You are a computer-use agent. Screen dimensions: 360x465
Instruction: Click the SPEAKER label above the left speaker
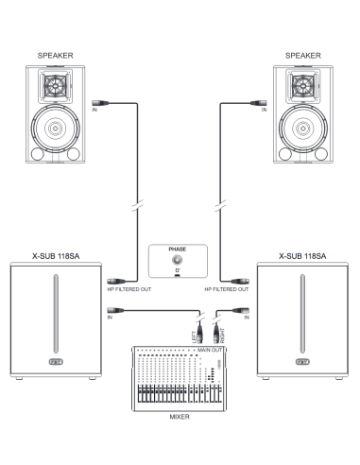pyautogui.click(x=55, y=56)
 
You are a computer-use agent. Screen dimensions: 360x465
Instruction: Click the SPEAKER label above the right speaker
pyautogui.click(x=303, y=56)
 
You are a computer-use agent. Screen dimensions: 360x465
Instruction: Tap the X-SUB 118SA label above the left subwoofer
pyautogui.click(x=56, y=256)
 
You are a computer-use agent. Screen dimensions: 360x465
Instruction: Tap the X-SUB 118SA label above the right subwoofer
pyautogui.click(x=302, y=256)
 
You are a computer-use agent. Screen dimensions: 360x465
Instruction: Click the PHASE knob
pyautogui.click(x=178, y=260)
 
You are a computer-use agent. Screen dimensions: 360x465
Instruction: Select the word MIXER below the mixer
pyautogui.click(x=180, y=417)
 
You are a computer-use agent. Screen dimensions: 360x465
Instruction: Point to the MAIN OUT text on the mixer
pyautogui.click(x=210, y=350)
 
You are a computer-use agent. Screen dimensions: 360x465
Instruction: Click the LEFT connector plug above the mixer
pyautogui.click(x=199, y=335)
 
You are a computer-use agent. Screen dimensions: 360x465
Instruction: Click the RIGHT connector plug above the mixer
pyautogui.click(x=216, y=335)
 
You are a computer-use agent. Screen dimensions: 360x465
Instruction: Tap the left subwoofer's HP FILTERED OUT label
pyautogui.click(x=129, y=289)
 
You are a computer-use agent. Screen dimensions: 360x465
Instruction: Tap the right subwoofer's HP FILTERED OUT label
pyautogui.click(x=227, y=289)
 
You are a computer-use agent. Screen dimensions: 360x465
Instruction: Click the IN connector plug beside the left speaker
pyautogui.click(x=100, y=103)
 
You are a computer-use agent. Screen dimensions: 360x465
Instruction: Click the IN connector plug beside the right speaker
pyautogui.click(x=259, y=103)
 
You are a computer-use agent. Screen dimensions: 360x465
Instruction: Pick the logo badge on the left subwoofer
pyautogui.click(x=56, y=362)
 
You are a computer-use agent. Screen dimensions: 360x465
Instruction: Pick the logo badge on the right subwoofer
pyautogui.click(x=302, y=362)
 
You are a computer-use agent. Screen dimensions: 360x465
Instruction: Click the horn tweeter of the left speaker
pyautogui.click(x=56, y=86)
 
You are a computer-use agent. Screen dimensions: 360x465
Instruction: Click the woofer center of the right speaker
pyautogui.click(x=303, y=129)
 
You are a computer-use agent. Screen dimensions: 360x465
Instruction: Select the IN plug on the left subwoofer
pyautogui.click(x=115, y=310)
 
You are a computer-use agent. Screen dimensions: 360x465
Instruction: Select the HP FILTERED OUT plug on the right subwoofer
pyautogui.click(x=240, y=281)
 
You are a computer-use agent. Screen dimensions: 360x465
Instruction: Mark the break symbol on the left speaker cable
pyautogui.click(x=137, y=206)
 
